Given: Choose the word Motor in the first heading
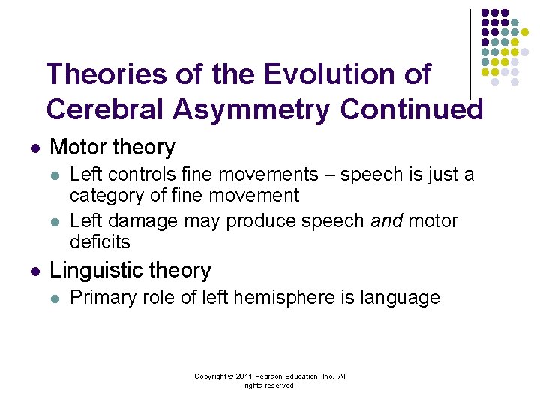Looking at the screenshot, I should point(75,148).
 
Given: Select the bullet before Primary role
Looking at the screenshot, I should point(53,298).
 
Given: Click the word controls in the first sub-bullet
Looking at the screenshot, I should point(137,175).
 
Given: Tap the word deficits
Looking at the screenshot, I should point(100,242).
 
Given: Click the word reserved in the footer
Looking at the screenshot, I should point(280,385).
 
